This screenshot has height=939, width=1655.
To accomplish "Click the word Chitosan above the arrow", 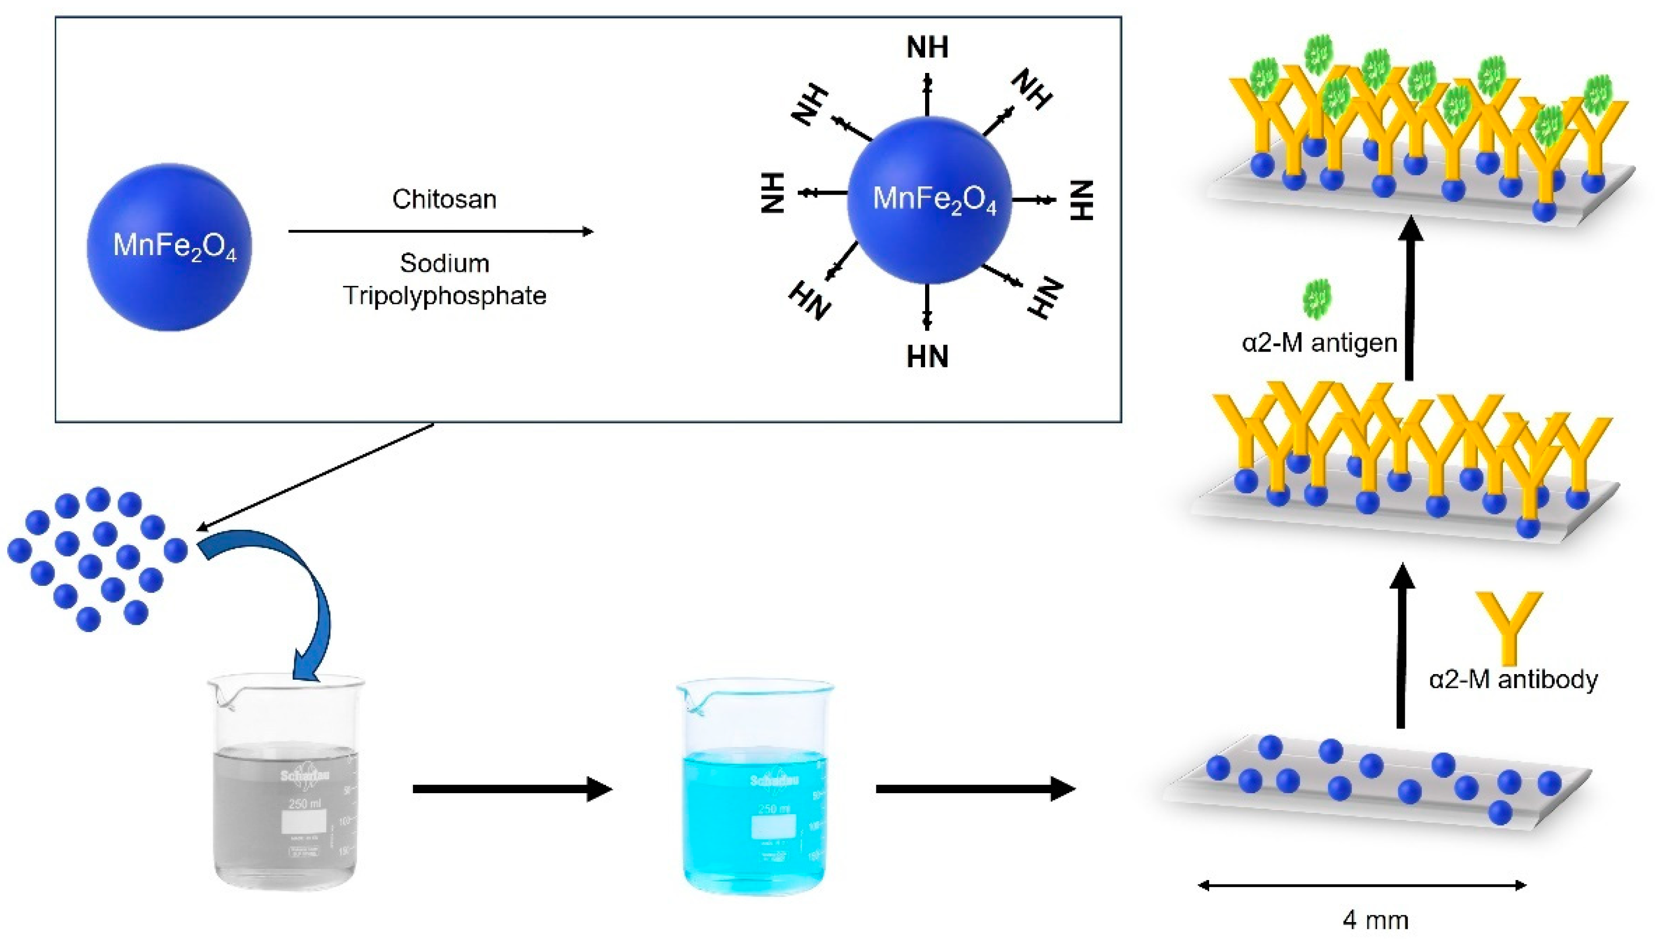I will tap(444, 199).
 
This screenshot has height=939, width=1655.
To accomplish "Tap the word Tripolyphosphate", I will tap(444, 296).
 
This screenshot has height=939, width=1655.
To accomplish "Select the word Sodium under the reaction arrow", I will tap(444, 263).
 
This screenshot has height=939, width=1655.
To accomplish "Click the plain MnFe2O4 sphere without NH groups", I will tap(170, 247).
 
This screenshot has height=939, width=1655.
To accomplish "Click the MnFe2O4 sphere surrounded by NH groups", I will tap(929, 200).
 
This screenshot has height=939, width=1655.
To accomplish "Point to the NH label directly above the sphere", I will tap(927, 47).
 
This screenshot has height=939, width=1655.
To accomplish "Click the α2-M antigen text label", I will tap(1320, 342).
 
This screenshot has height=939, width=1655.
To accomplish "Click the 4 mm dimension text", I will tap(1375, 919).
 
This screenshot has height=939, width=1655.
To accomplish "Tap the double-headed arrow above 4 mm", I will tap(1361, 886).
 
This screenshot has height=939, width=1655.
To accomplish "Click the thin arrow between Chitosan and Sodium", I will tap(441, 232).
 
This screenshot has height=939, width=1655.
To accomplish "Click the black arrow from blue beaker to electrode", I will tap(974, 789).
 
